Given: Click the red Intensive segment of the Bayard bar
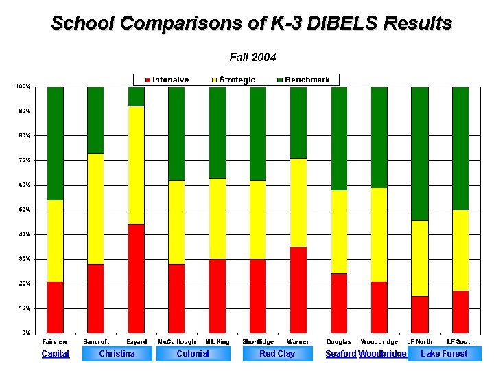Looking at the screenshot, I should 136,278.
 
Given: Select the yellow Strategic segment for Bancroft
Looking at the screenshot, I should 95,209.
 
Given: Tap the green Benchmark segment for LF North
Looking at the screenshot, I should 419,153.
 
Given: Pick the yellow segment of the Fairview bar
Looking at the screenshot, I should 55,240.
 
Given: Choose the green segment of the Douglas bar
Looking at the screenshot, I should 339,138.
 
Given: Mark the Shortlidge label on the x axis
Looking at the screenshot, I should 257,341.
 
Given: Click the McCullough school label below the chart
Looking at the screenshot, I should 176,341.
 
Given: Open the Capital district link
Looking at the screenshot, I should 55,354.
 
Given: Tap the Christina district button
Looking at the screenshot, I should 117,354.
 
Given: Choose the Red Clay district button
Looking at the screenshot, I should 277,354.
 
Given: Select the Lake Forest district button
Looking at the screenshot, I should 444,354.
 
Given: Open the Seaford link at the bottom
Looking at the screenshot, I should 341,354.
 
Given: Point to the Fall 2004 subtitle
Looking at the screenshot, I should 252,57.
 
